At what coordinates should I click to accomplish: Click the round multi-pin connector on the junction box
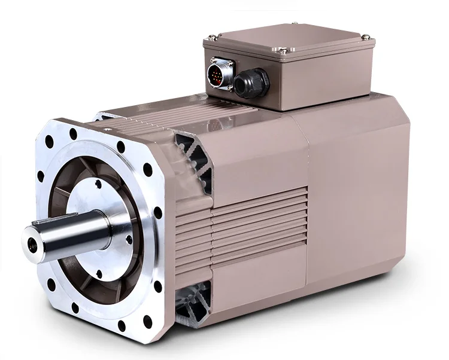216,76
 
